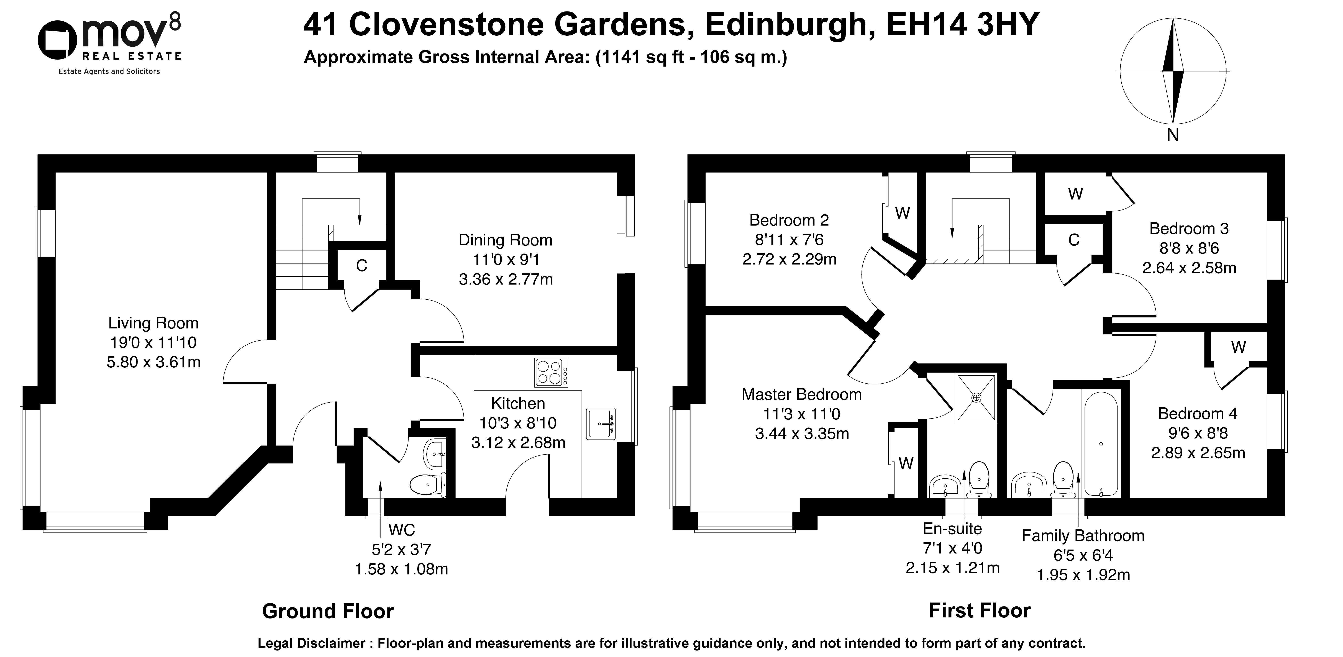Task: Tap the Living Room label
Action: coord(153,323)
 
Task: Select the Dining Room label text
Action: coord(505,240)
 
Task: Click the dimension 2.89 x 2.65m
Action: coord(1198,453)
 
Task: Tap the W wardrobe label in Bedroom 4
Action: coord(1238,347)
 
